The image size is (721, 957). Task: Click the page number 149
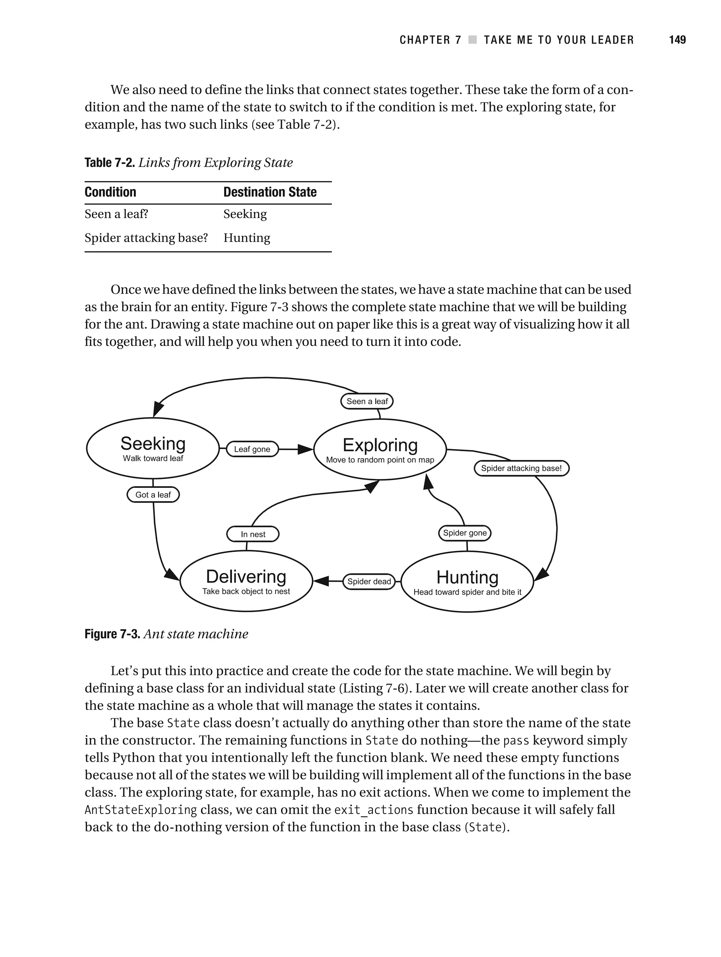[677, 40]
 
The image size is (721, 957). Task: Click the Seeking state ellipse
[153, 448]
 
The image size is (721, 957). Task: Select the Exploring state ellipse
[380, 449]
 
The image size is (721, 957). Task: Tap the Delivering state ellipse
[246, 581]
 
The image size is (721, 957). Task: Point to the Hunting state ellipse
[467, 582]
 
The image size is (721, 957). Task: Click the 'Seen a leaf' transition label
[367, 402]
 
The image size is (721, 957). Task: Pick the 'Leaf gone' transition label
[252, 449]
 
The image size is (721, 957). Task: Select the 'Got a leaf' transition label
[153, 495]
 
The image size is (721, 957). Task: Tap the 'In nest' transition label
[253, 534]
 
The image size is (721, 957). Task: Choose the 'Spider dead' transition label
[369, 582]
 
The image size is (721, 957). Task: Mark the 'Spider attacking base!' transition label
[521, 468]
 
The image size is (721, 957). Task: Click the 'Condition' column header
[110, 192]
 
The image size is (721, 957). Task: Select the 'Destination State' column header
[270, 192]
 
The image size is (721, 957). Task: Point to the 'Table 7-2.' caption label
[110, 163]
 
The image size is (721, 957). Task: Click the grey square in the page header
[473, 40]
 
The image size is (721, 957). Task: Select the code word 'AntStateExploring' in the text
[140, 810]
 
